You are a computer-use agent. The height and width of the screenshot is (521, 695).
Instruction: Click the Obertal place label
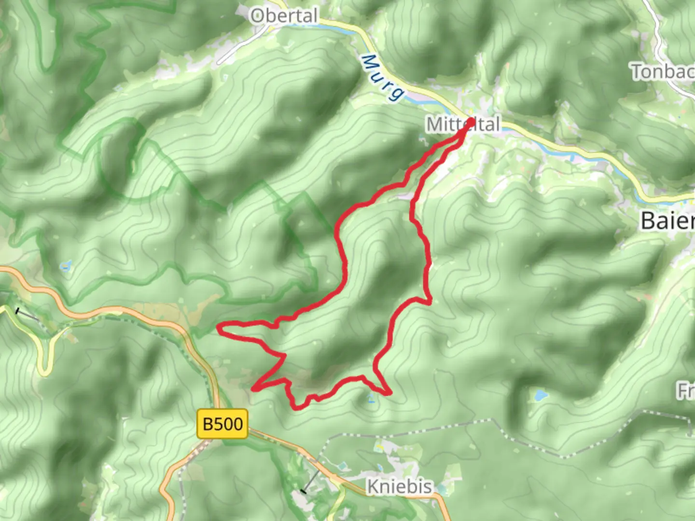click(284, 16)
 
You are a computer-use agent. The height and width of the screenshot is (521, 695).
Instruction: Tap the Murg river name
click(381, 77)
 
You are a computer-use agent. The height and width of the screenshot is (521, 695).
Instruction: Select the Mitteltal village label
click(462, 124)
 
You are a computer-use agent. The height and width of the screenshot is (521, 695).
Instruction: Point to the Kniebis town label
click(399, 486)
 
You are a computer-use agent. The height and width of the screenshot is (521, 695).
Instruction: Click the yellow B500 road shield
click(222, 424)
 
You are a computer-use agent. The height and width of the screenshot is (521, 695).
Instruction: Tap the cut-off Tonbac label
click(663, 72)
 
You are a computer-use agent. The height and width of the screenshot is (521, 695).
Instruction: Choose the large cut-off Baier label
click(667, 221)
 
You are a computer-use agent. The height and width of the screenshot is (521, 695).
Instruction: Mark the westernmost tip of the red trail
click(219, 329)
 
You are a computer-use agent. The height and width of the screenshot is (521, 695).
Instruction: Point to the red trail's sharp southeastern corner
click(389, 393)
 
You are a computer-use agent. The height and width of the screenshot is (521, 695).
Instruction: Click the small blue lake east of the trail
click(539, 396)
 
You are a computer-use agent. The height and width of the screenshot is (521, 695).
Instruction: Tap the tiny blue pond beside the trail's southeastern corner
click(371, 398)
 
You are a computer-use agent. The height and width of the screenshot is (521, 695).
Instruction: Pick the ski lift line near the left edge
click(28, 315)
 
